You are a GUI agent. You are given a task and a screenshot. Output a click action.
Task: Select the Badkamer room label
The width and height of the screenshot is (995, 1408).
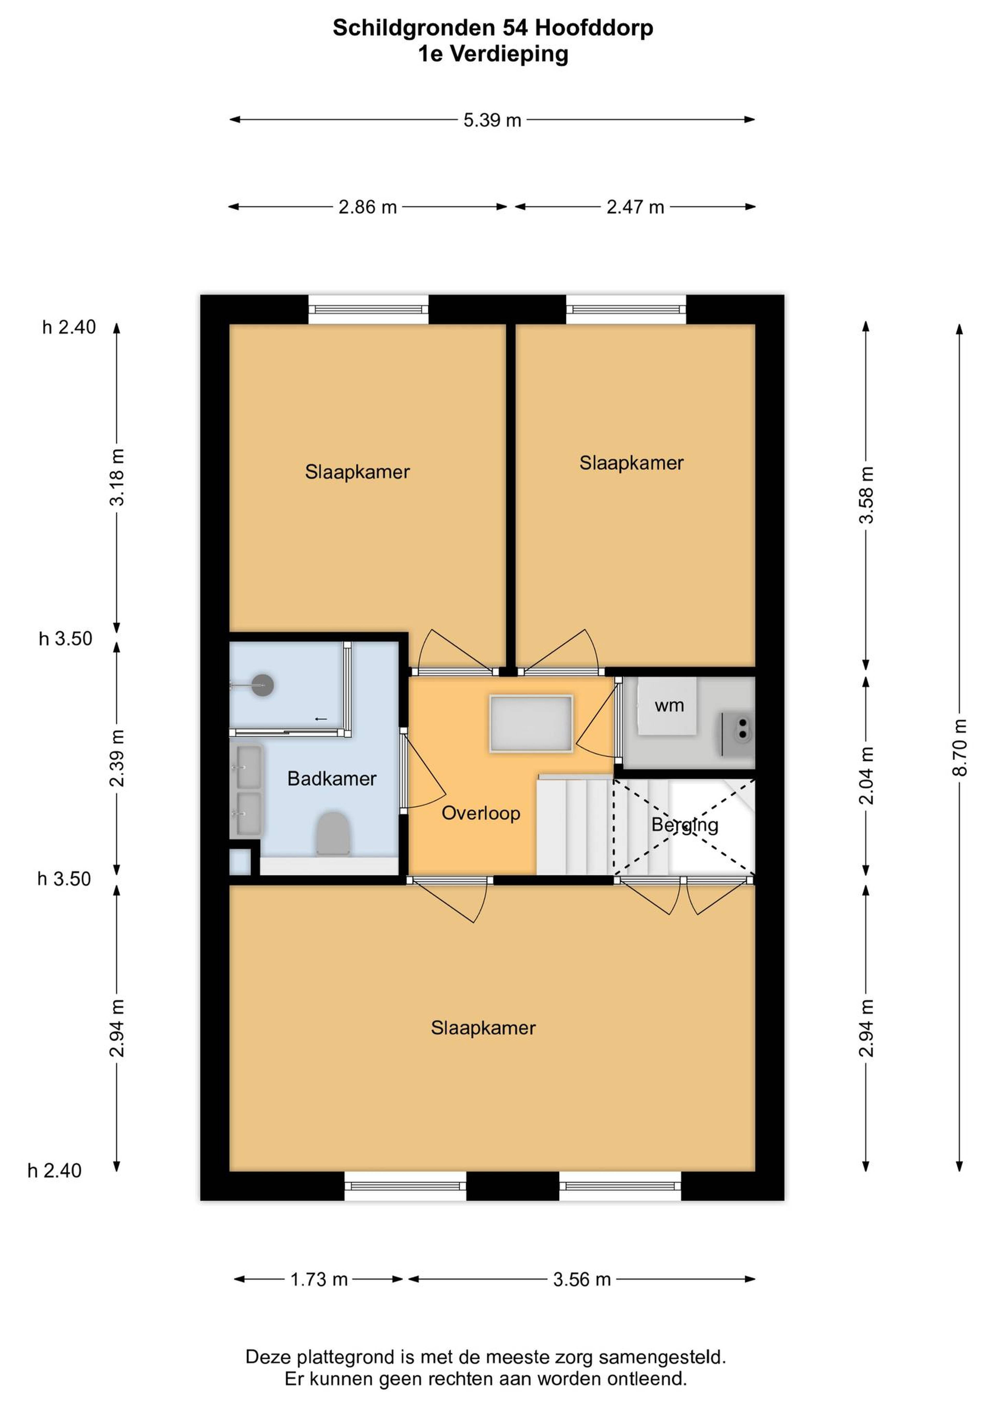coord(332,779)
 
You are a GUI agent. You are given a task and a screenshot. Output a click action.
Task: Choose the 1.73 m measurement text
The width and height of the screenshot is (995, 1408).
coord(319,1280)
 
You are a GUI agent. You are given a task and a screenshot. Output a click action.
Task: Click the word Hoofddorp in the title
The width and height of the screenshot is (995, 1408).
coord(594,28)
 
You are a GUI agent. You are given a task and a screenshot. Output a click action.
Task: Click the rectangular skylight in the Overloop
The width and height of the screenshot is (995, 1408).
coord(531,724)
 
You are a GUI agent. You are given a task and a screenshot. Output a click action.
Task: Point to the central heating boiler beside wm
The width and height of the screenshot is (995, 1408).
coord(737,734)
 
